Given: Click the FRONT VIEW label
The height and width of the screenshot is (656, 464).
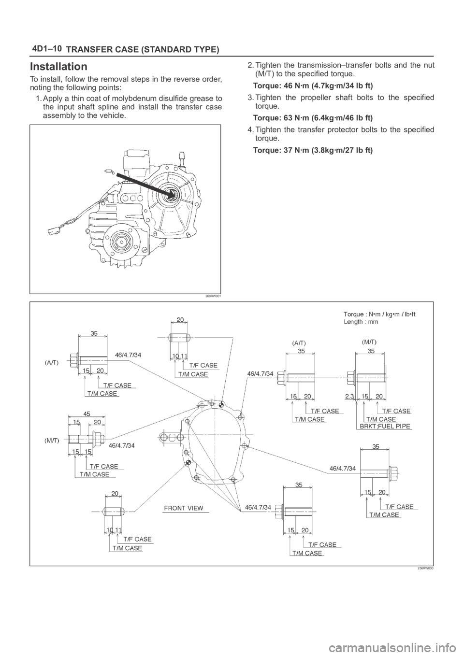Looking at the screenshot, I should coord(183,508).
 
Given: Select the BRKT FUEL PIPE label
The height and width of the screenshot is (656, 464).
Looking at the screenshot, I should coord(385,427).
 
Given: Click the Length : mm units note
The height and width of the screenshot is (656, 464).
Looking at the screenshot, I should coord(361,321).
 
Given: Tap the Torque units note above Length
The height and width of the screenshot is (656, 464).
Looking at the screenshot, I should coord(379,314).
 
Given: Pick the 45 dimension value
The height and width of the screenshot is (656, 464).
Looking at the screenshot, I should coord(86,412).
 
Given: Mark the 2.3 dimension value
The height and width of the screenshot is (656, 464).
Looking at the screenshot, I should coord(349,396).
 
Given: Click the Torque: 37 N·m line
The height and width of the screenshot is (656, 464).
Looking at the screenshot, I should coord(312,150).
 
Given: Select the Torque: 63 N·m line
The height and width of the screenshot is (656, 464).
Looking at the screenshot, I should coord(312,117).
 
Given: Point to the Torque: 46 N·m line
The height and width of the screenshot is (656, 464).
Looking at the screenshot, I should coord(312,86).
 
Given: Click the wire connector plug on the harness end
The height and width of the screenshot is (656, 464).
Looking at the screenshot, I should coord(51,230).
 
